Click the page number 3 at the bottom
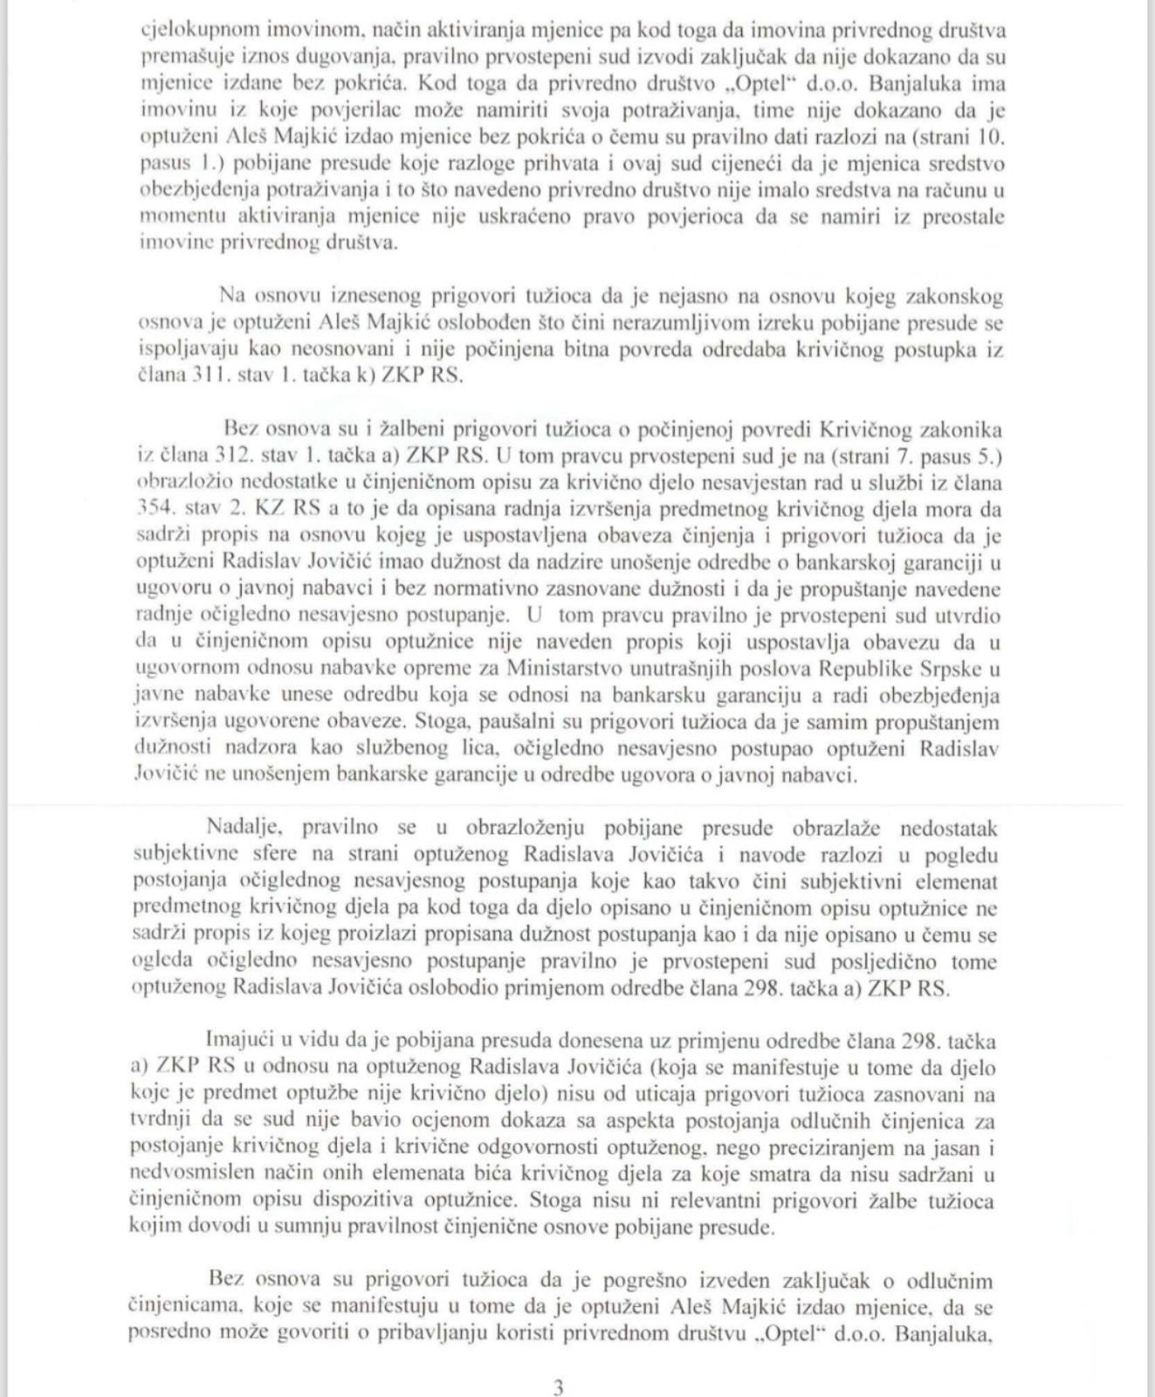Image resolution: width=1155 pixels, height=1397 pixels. click(x=559, y=1387)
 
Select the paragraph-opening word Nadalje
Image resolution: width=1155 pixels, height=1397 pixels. click(x=241, y=828)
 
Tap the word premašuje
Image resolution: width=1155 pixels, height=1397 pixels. click(x=177, y=57)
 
